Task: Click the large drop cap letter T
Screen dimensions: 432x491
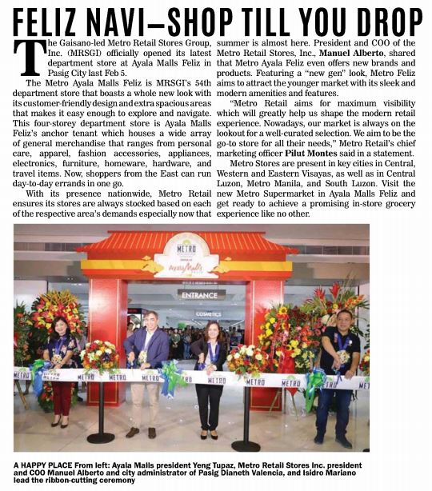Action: coord(30,56)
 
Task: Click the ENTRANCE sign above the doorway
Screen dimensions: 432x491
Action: coord(199,295)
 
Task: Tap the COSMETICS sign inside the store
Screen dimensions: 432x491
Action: coord(209,314)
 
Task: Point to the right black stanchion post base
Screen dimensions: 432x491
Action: coord(245,445)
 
